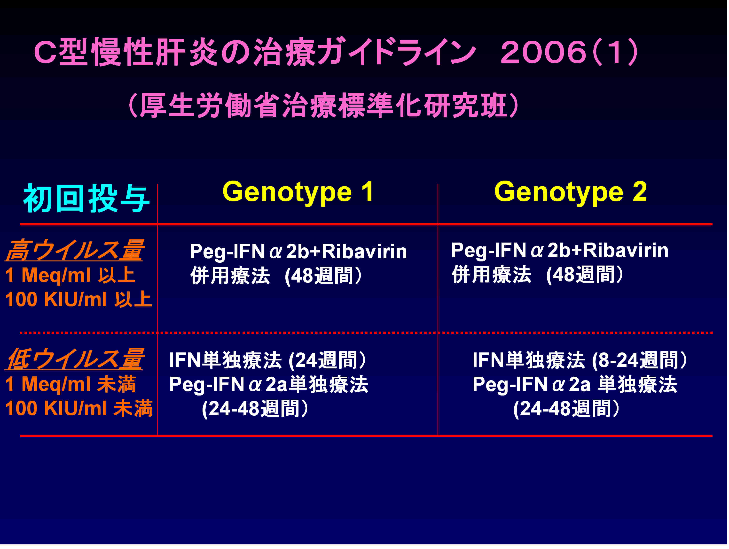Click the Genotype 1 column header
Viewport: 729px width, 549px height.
[x=298, y=192]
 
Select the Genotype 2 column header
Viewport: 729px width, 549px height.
[x=571, y=192]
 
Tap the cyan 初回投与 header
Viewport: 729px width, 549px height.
[x=86, y=198]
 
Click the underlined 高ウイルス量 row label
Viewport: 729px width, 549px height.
[x=74, y=250]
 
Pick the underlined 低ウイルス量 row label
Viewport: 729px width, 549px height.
[x=74, y=359]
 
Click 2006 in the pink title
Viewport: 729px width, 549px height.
[x=544, y=52]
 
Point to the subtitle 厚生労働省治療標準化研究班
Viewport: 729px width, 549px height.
[x=323, y=105]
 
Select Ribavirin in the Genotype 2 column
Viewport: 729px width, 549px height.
[x=626, y=250]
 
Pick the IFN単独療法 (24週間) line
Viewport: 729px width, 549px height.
[x=268, y=360]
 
